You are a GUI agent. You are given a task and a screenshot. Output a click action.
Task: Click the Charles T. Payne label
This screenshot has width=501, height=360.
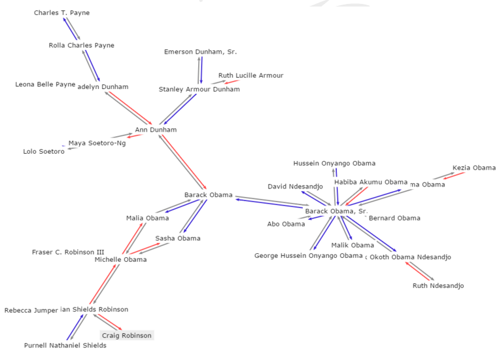click(61, 13)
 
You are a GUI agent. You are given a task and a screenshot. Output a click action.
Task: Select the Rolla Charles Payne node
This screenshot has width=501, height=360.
click(81, 46)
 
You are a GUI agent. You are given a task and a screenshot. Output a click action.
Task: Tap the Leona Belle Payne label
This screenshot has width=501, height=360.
click(45, 84)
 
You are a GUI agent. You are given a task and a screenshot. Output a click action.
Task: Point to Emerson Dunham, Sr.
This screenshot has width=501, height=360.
click(200, 52)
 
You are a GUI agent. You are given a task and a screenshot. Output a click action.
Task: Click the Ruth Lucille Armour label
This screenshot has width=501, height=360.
click(250, 76)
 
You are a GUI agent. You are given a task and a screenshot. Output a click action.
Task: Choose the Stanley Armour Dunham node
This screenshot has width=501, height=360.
click(199, 90)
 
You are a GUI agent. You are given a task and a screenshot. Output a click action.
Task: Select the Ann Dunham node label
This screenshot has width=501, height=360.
click(156, 130)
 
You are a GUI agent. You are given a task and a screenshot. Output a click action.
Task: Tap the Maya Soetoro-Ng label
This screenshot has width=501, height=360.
click(97, 143)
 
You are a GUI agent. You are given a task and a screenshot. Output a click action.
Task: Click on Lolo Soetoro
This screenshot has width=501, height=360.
click(44, 152)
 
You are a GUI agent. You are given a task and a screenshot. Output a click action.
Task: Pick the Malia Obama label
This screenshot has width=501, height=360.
click(147, 219)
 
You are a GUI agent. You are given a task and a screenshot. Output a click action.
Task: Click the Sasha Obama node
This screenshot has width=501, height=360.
click(178, 239)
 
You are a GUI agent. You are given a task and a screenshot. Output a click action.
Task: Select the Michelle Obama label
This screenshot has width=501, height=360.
click(120, 260)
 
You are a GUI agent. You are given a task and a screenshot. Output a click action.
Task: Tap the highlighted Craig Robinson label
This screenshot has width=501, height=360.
click(126, 336)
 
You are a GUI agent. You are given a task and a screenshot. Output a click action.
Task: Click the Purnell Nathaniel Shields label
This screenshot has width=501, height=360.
click(65, 346)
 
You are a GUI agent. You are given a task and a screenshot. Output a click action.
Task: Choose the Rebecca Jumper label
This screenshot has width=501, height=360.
click(31, 311)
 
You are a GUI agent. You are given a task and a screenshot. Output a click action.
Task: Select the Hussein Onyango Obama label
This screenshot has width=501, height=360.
click(334, 164)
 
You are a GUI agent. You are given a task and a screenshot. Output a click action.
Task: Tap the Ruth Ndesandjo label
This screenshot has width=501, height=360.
click(438, 286)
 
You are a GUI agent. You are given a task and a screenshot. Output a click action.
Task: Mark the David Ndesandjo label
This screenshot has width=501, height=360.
click(295, 187)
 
